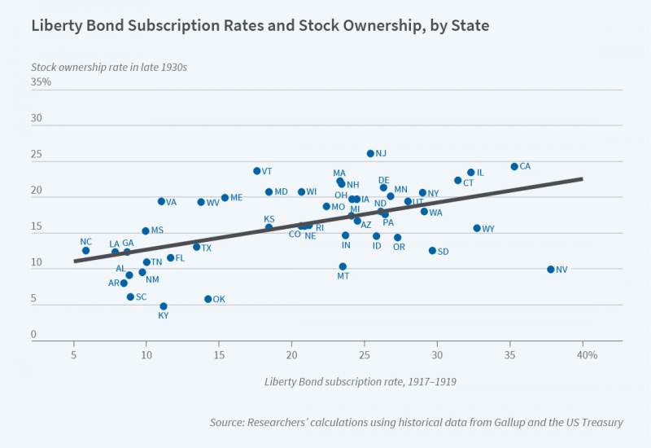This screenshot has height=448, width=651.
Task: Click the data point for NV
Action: pyautogui.click(x=551, y=269)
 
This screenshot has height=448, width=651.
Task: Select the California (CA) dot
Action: pyautogui.click(x=514, y=166)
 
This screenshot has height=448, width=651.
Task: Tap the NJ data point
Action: pyautogui.click(x=370, y=153)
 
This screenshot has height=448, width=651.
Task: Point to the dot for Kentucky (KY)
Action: pyautogui.click(x=164, y=306)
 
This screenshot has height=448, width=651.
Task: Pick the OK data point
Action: pyautogui.click(x=208, y=299)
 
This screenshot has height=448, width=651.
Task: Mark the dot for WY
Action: pyautogui.click(x=477, y=228)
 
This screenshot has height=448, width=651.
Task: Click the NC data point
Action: pyautogui.click(x=86, y=250)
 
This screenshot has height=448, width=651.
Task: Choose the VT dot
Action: pyautogui.click(x=257, y=171)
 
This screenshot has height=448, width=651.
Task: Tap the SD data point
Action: pyautogui.click(x=432, y=251)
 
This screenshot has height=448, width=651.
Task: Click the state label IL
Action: pyautogui.click(x=480, y=173)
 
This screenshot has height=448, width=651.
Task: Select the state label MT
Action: pyautogui.click(x=343, y=277)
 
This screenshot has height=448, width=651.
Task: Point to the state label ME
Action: pyautogui.click(x=236, y=197)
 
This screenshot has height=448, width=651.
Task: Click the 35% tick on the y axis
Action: pyautogui.click(x=41, y=82)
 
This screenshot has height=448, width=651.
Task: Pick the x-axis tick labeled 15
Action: pyautogui.click(x=219, y=355)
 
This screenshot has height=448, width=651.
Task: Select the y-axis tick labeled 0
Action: pyautogui.click(x=34, y=334)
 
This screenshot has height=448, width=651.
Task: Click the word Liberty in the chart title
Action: pyautogui.click(x=57, y=25)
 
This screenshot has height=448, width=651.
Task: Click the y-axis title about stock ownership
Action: pyautogui.click(x=109, y=67)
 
